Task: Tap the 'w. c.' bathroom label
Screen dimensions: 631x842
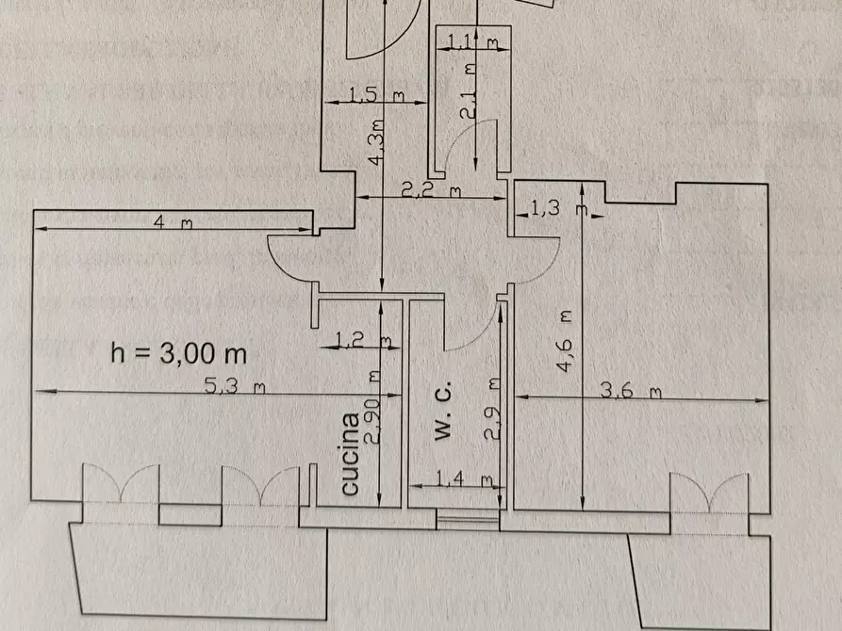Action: tap(443, 412)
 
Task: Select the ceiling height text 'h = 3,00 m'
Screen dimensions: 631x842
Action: tap(179, 354)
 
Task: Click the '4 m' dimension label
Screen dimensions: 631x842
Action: tap(173, 223)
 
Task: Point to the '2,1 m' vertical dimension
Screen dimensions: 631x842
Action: tap(469, 90)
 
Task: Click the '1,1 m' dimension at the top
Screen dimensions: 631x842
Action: tap(471, 40)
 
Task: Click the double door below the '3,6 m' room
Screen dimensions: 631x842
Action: tap(709, 494)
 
